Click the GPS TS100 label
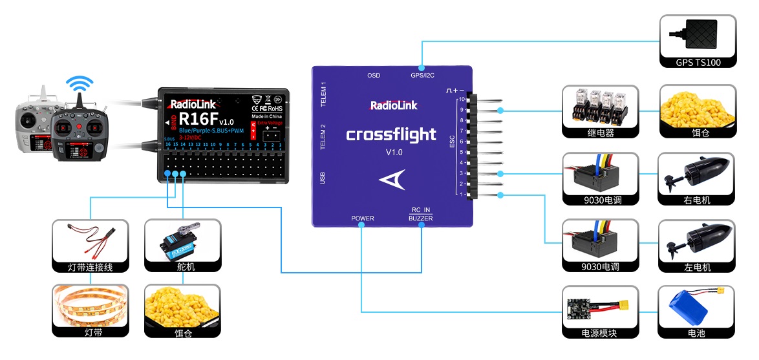point(698,63)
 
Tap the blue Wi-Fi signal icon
point(80,85)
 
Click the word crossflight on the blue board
point(391,134)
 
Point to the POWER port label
point(363,218)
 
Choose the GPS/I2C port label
point(422,76)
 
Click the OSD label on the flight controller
point(374,76)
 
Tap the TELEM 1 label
point(324,95)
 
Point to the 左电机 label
point(697,267)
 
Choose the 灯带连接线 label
point(91,267)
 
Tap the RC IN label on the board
point(421,210)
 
